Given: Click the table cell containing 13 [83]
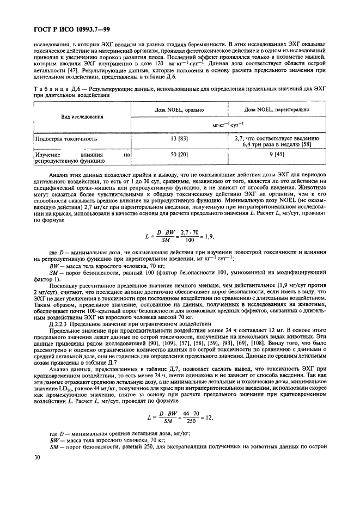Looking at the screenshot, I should point(175,139).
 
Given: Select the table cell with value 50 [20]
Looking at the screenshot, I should point(175,155).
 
